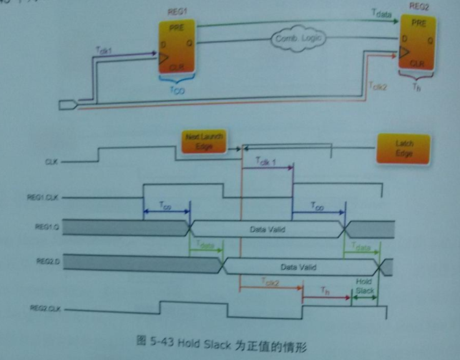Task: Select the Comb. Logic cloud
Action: (294, 39)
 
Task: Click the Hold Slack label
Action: (363, 285)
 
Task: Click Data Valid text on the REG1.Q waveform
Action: (265, 229)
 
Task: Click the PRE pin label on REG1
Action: (177, 29)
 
